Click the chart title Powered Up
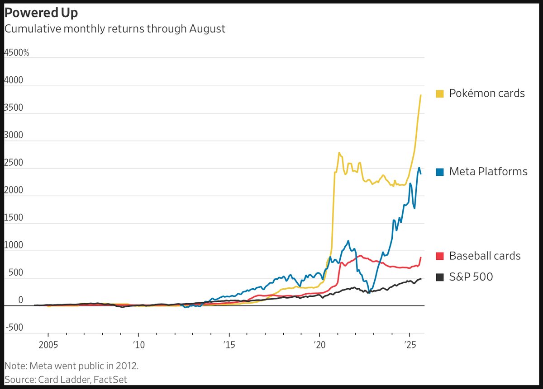[41, 13]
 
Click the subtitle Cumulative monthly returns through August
[114, 29]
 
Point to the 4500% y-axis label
[17, 52]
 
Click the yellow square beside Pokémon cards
[439, 94]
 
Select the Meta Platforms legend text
[488, 172]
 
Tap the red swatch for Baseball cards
[439, 256]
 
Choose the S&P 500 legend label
[471, 277]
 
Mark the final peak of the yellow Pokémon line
[421, 95]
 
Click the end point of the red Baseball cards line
[421, 258]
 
